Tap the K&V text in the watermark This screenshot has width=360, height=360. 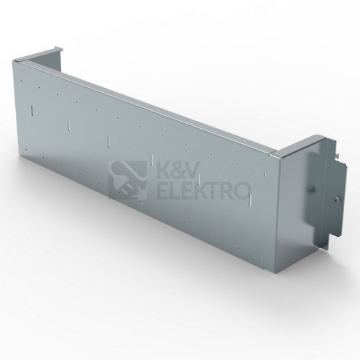[x=178, y=171]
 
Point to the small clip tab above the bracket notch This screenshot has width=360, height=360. [x=338, y=156]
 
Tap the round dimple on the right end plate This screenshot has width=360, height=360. [x=310, y=187]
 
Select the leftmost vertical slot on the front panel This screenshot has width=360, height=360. [x=32, y=109]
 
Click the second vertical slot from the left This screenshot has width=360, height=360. [x=68, y=125]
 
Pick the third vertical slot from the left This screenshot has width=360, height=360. [x=109, y=142]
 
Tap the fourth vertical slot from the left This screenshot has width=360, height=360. [x=152, y=160]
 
